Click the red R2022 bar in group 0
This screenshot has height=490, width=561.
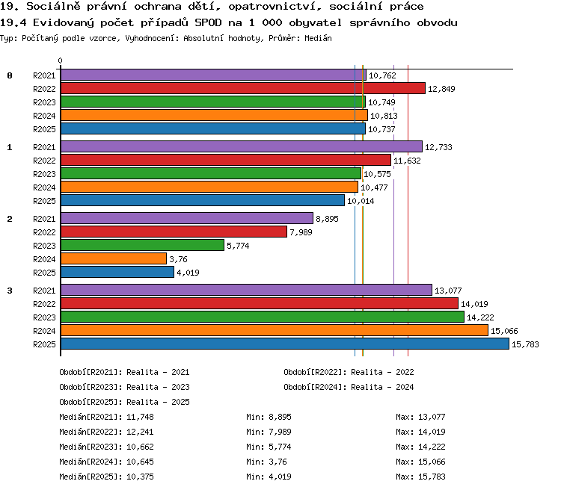pyautogui.click(x=243, y=88)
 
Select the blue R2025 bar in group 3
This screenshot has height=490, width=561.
pyautogui.click(x=285, y=344)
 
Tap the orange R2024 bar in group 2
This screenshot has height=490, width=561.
pyautogui.click(x=114, y=258)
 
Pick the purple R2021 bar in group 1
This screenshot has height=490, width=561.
pyautogui.click(x=242, y=146)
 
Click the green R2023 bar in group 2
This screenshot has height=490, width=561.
pyautogui.click(x=142, y=245)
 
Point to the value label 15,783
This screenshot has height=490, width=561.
pyautogui.click(x=525, y=344)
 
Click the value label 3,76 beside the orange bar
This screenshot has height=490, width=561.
pyautogui.click(x=178, y=259)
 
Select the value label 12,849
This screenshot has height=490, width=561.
pyautogui.click(x=441, y=89)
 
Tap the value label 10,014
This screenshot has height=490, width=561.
pyautogui.click(x=361, y=201)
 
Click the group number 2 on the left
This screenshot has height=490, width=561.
pyautogui.click(x=10, y=219)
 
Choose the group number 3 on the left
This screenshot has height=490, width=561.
pyautogui.click(x=10, y=291)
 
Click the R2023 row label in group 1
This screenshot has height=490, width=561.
pyautogui.click(x=44, y=174)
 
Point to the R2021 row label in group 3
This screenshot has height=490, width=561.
pyautogui.click(x=44, y=291)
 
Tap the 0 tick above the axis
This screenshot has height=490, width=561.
pyautogui.click(x=60, y=61)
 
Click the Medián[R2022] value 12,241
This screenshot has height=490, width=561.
pyautogui.click(x=140, y=432)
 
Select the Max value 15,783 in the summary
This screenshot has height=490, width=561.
pyautogui.click(x=432, y=477)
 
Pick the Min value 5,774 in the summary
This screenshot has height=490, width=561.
pyautogui.click(x=280, y=447)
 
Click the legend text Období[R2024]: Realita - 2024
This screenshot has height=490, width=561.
pyautogui.click(x=349, y=387)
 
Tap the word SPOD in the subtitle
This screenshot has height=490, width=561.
pyautogui.click(x=208, y=23)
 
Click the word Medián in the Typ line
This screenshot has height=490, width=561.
pyautogui.click(x=318, y=38)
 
